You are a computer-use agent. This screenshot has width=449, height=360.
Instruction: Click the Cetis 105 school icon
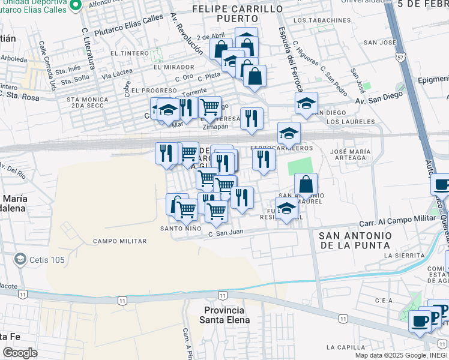[x=20, y=259]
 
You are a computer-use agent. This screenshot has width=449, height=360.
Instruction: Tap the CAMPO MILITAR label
[x=119, y=241]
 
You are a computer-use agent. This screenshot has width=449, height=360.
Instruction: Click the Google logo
[x=19, y=353]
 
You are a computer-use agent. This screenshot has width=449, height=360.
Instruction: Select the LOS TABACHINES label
[x=322, y=20]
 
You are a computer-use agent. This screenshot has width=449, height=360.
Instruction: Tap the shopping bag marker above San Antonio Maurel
[x=306, y=184]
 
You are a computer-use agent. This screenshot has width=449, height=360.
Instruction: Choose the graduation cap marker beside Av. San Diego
[x=306, y=103]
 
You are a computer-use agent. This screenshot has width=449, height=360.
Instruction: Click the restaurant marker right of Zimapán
[x=251, y=118]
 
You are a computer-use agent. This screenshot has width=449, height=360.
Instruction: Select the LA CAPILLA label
[x=345, y=347]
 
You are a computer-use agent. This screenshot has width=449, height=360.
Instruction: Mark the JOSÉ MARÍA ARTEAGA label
[x=348, y=154]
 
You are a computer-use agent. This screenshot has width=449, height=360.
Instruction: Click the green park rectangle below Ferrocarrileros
[x=301, y=166]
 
